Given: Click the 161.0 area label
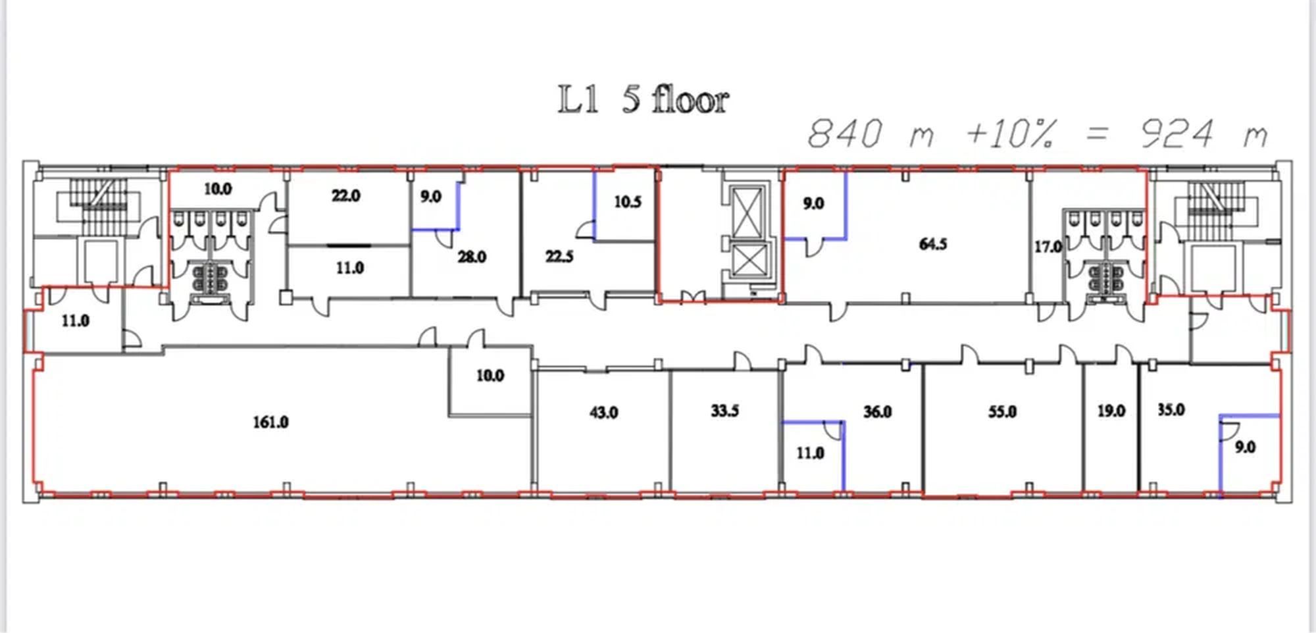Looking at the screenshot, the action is coord(270,422).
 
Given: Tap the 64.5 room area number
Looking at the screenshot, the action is coord(933,244).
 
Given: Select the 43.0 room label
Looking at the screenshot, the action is coord(603,413).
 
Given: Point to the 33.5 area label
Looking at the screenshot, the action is coord(724,411).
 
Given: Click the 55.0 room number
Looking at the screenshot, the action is coord(1002,412).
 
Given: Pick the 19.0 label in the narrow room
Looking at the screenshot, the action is coord(1111,411).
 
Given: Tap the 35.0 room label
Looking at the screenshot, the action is coord(1171,410).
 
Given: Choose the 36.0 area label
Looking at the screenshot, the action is coord(878,412).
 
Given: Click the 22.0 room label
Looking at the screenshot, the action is coord(345,195).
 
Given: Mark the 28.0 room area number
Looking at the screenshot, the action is coord(472,257).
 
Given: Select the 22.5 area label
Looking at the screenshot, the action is coord(559,256).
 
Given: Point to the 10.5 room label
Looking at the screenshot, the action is coord(627,202).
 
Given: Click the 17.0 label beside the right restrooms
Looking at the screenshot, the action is coord(1048,247).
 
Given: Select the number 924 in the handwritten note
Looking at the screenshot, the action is coord(1177,134).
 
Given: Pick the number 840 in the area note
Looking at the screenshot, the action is coord(845,134).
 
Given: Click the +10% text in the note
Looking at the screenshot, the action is coord(1012,134).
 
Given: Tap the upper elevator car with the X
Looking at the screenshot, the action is coord(748,211).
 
